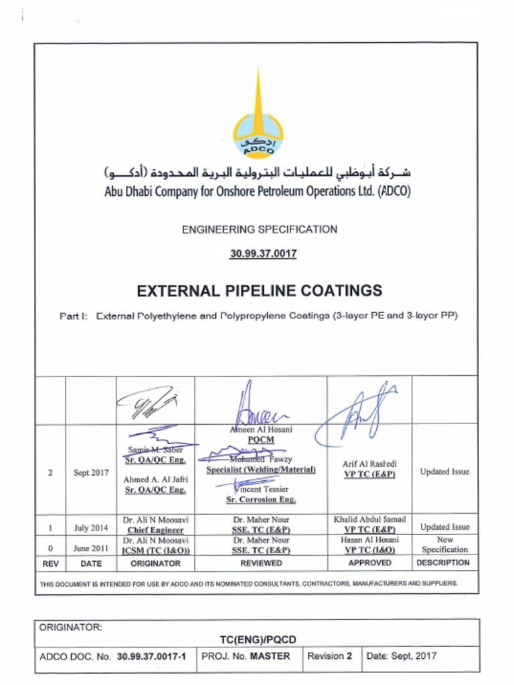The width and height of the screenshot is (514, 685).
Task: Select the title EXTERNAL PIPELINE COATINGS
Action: [259, 290]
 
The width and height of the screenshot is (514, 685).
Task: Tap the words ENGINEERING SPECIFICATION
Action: [259, 229]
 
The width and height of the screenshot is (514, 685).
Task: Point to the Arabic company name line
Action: [258, 172]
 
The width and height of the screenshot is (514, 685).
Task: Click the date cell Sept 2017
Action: [90, 472]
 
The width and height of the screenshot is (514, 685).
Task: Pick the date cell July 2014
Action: [90, 528]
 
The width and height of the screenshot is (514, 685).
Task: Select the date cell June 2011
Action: [90, 548]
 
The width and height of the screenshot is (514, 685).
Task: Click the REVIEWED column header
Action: [261, 563]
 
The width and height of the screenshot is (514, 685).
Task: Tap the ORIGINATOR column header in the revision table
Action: [155, 563]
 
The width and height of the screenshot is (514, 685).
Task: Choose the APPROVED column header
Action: [369, 563]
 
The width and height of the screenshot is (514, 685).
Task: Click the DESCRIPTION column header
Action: [444, 563]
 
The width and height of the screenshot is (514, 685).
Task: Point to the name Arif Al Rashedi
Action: [369, 464]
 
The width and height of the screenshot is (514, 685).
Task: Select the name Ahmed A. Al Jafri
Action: [155, 480]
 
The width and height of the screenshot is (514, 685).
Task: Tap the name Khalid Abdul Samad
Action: [369, 519]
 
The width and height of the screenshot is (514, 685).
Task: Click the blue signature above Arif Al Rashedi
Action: [361, 415]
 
